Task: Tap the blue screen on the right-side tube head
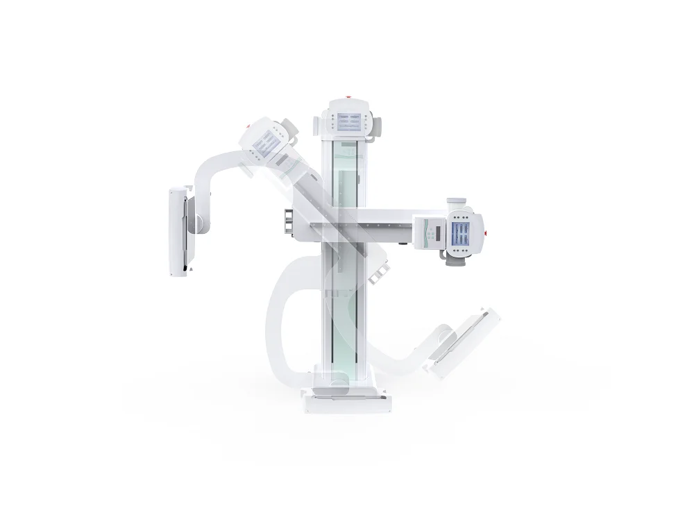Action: [x=461, y=230]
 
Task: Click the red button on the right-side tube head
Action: [x=486, y=232]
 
